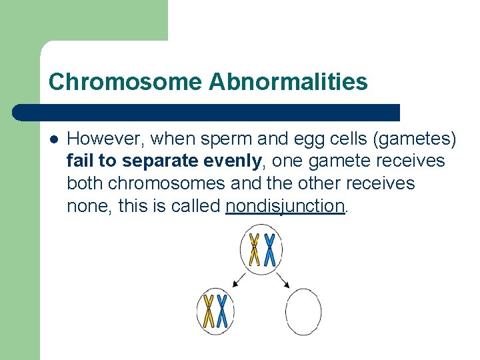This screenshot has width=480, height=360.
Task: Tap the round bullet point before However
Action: pos(54,139)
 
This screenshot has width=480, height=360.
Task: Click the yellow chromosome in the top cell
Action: pos(254,249)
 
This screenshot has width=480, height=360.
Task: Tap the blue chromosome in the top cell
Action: pos(269,249)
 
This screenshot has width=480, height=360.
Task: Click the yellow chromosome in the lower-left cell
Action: pos(209,311)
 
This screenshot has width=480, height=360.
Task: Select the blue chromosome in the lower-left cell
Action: pos(222,311)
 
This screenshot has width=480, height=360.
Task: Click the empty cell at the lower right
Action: pos(303,311)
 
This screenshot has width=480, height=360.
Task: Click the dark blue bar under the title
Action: pos(207,112)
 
